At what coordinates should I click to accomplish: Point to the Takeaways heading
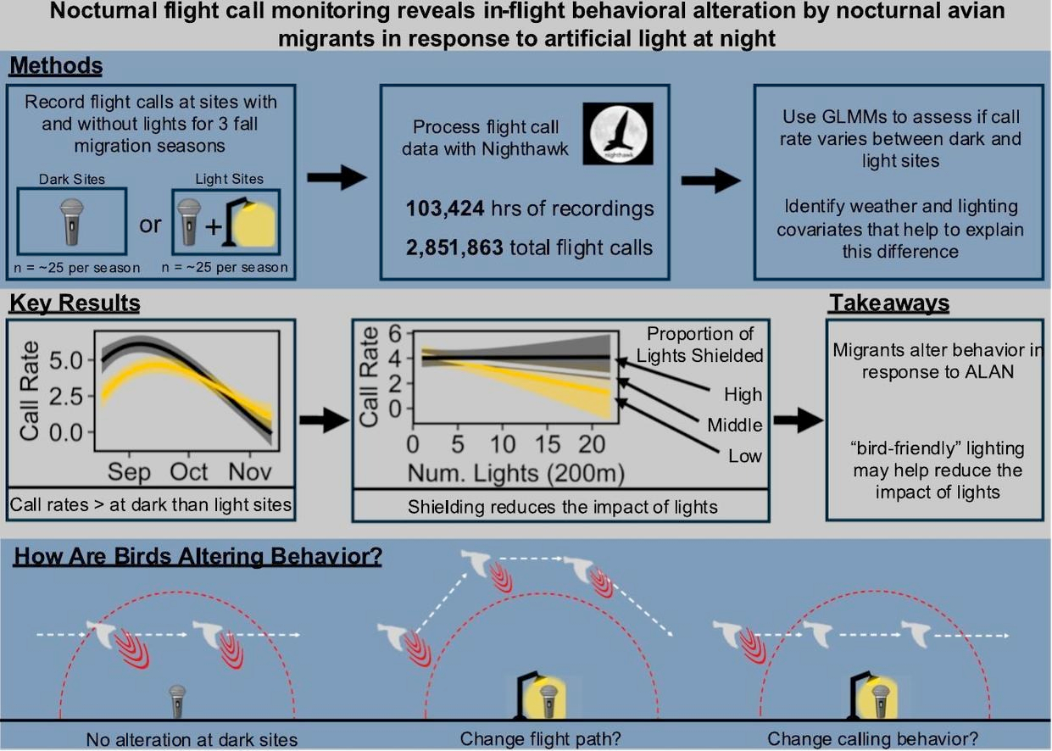coord(889,303)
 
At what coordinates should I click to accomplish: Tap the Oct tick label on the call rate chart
coord(189,470)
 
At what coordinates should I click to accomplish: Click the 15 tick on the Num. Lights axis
coord(548,444)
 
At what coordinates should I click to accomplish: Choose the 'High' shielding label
coord(743,394)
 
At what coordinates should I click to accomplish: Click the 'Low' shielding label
coord(745,456)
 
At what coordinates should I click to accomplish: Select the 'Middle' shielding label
coord(735,425)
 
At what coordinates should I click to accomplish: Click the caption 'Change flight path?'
coord(525,739)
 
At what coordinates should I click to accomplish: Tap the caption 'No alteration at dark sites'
coord(192,739)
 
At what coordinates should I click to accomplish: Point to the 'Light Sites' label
coord(229,179)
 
